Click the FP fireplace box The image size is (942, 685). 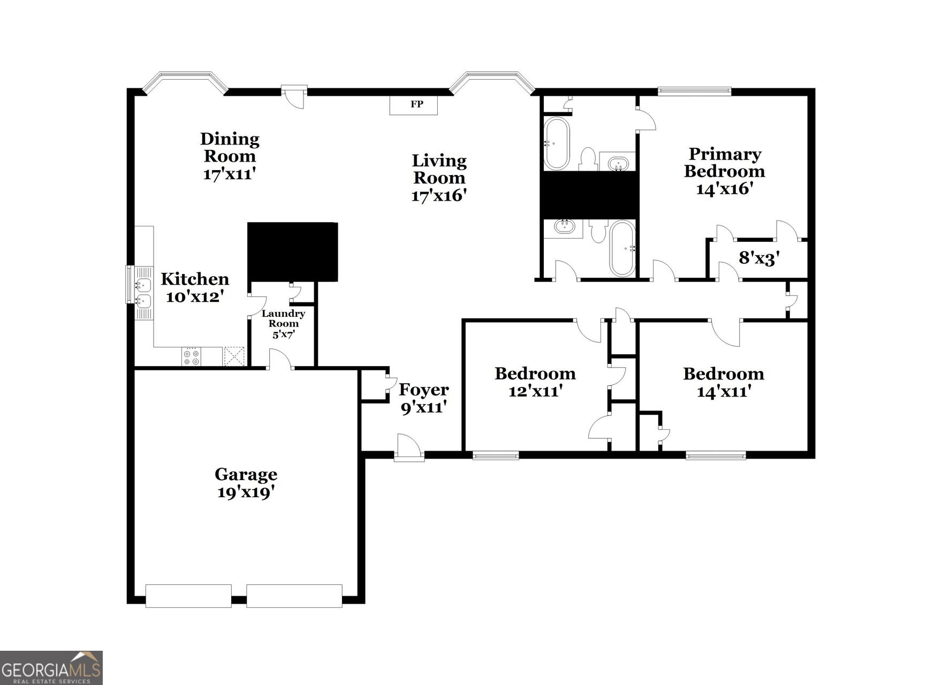(x=413, y=105)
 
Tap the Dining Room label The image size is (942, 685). (x=230, y=148)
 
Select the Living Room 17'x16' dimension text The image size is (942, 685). (x=439, y=195)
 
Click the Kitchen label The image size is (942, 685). (x=195, y=279)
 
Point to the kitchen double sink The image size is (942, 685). (x=143, y=293)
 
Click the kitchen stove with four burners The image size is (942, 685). (x=191, y=357)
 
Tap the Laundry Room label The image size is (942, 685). (x=283, y=318)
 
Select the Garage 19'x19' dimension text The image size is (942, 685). (x=246, y=492)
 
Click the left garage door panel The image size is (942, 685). (x=188, y=596)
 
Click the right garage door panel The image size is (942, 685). (x=294, y=596)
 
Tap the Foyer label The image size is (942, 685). (x=423, y=390)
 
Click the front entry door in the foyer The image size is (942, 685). (x=408, y=447)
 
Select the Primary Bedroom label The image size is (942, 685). (x=724, y=163)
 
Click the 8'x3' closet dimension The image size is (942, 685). (x=758, y=258)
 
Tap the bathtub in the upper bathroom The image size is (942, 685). (x=557, y=143)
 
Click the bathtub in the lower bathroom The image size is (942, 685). (x=622, y=248)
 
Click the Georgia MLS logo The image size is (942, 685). (x=51, y=668)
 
